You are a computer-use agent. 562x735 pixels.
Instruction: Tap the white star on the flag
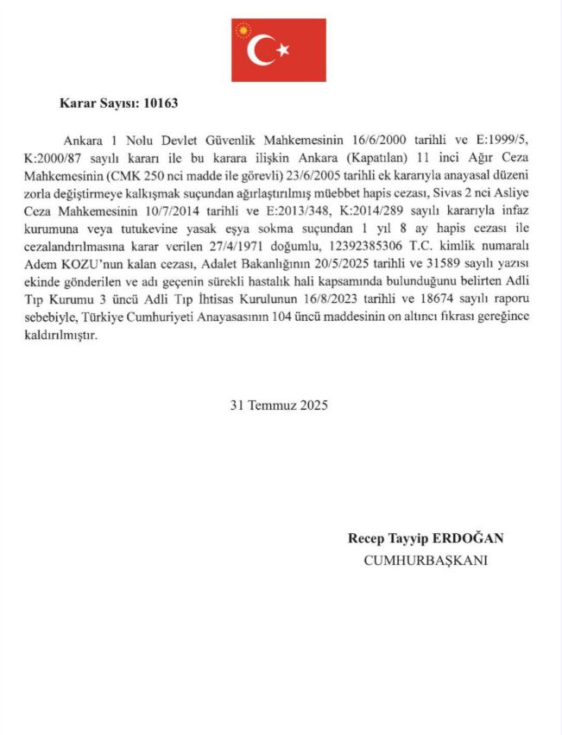(x=282, y=51)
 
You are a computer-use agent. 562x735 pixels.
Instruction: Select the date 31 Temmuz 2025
(x=279, y=405)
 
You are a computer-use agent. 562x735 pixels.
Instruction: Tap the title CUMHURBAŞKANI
(x=426, y=561)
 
